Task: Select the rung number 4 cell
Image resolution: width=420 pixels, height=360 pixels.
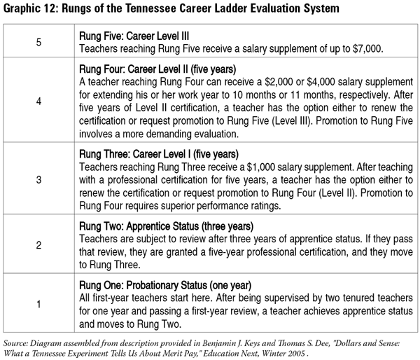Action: pos(38,101)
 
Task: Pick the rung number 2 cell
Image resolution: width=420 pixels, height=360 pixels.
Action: pos(38,246)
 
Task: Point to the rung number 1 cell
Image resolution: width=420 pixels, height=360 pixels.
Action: pos(38,304)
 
